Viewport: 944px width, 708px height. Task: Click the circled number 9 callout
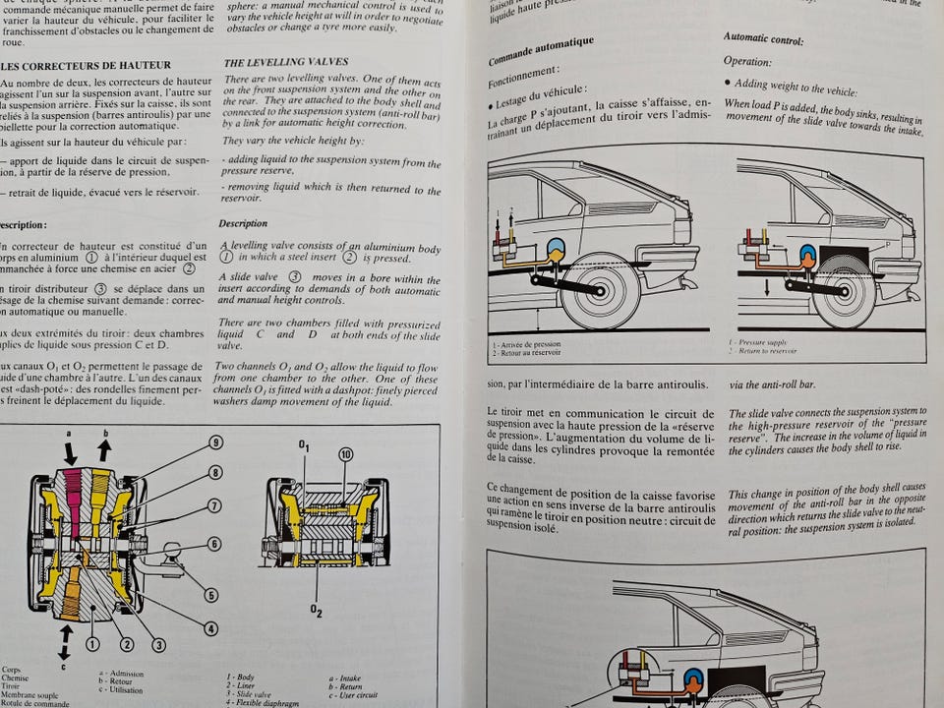point(215,443)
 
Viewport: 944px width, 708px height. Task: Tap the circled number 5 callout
point(210,593)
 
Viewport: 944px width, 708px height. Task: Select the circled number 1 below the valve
point(92,645)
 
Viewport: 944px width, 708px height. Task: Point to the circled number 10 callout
point(345,454)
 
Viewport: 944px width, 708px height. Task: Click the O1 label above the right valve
point(304,448)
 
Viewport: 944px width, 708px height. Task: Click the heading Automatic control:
point(763,40)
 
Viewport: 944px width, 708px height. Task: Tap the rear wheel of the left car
point(599,291)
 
